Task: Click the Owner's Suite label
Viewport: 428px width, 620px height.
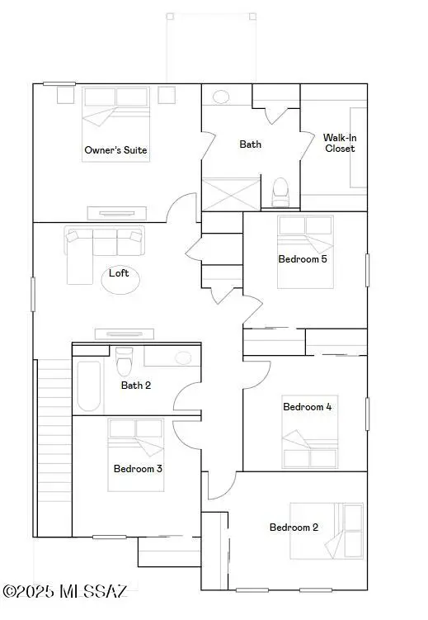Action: (x=115, y=150)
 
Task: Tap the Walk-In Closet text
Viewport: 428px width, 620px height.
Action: (x=339, y=143)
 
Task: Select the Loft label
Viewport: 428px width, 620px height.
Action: (x=119, y=273)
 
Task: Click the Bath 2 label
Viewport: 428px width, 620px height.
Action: (x=135, y=385)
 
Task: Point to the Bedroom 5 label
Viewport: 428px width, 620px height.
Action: (x=302, y=259)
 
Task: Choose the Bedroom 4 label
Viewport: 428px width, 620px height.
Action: (x=308, y=406)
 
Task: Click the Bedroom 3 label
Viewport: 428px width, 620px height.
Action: (x=137, y=469)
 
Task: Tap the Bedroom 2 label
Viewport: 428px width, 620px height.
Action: (x=294, y=528)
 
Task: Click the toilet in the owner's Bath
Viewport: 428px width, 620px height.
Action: (x=280, y=192)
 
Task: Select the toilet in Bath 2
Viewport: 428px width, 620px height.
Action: (x=125, y=361)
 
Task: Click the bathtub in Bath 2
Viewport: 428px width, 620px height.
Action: (x=88, y=386)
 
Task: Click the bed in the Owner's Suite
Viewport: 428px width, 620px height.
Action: (x=115, y=124)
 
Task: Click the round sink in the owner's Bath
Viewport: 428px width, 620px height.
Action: (x=221, y=97)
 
